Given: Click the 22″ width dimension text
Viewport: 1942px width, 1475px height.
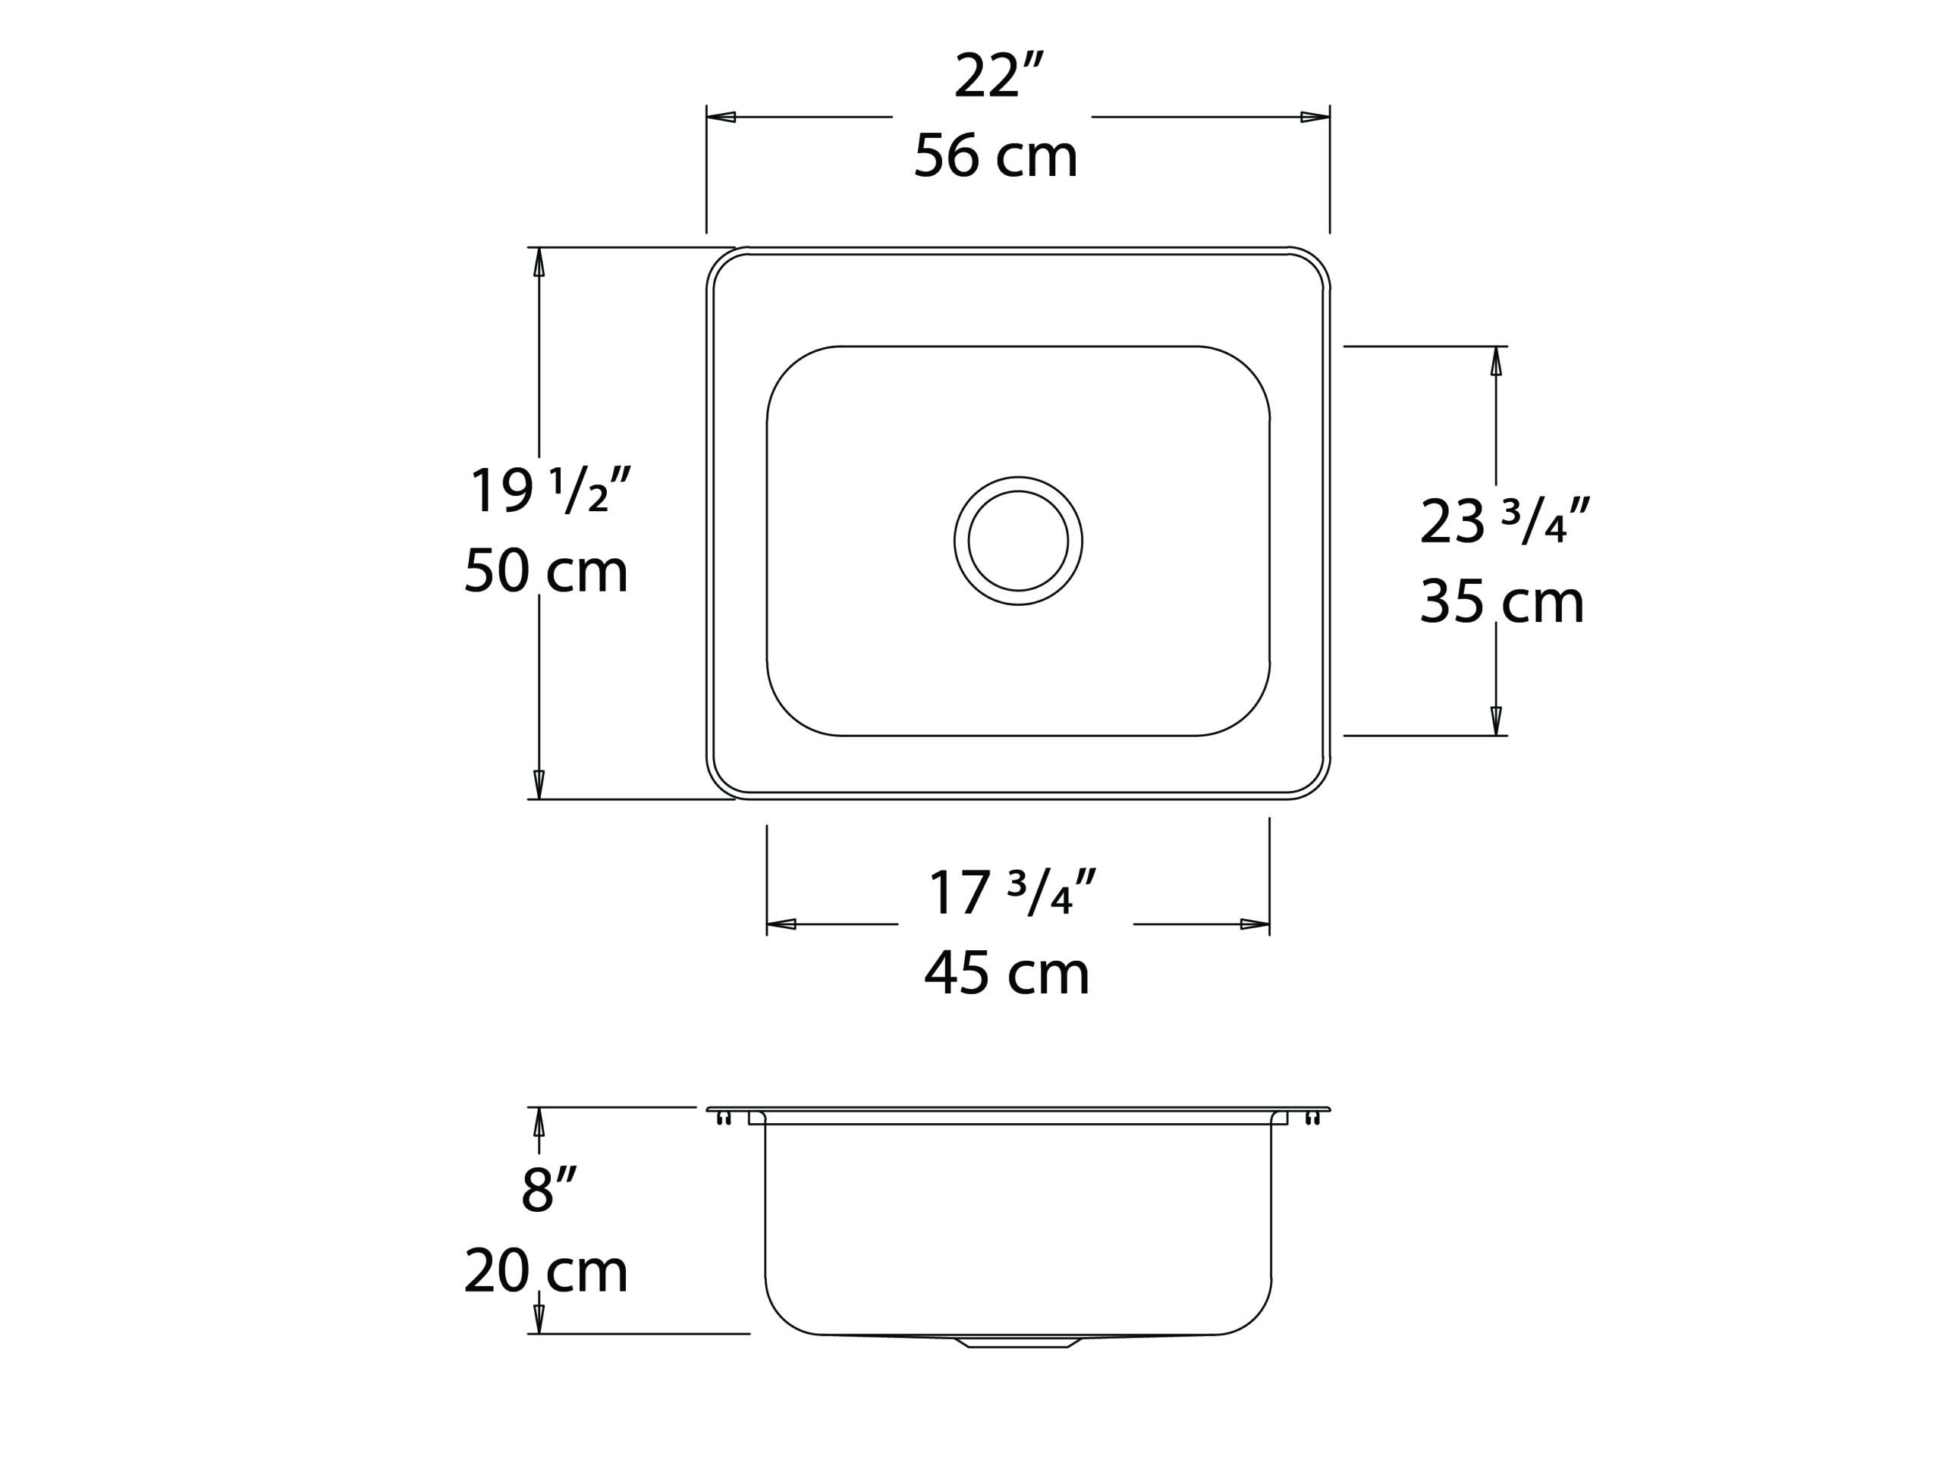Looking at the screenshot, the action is coord(998,77).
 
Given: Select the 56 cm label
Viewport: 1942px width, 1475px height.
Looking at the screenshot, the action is coord(996,156).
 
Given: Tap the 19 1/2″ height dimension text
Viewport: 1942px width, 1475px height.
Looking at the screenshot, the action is coord(551,489).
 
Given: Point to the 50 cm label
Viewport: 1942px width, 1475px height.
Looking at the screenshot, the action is coord(546,571).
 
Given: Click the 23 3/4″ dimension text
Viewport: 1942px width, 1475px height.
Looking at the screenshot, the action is coord(1504,521).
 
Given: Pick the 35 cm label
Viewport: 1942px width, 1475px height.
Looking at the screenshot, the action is coord(1502,602).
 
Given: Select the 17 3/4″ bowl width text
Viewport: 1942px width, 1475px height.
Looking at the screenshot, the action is coord(1013,893).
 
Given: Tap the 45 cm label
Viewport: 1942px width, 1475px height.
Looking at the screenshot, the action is coord(1007,973).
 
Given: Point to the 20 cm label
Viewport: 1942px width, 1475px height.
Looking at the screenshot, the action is coord(546,1270).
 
